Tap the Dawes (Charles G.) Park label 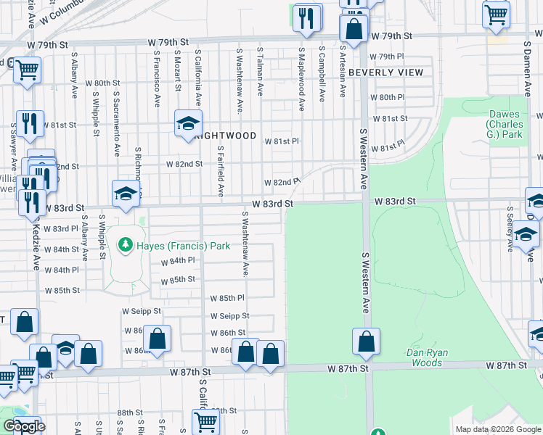point(505,124)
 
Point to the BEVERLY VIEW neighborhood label point(385,72)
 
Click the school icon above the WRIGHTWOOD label point(187,123)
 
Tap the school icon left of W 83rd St point(126,194)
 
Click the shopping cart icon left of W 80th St point(27,70)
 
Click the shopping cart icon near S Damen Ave point(497,14)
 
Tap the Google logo point(24,426)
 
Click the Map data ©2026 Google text point(497,429)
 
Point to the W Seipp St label point(141,311)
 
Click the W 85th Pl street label point(227,298)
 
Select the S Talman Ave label point(260,71)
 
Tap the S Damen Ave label point(527,67)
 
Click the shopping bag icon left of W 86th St point(157,338)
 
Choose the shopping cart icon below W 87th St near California point(205,421)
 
